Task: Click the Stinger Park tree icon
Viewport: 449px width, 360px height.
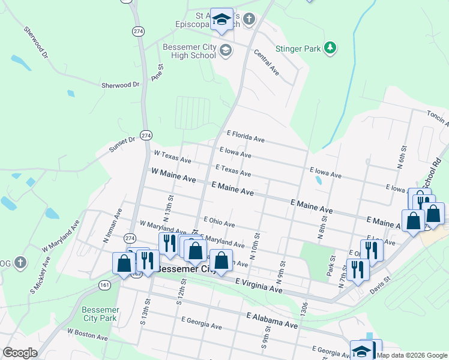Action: click(330, 47)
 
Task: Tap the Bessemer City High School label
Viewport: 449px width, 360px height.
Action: click(189, 51)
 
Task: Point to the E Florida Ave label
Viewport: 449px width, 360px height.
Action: click(246, 137)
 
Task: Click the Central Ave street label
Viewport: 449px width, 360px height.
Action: click(266, 62)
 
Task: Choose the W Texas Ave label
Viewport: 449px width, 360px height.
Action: click(172, 157)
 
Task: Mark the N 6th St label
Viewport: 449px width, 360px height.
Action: click(402, 158)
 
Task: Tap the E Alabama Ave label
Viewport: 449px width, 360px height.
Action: click(272, 320)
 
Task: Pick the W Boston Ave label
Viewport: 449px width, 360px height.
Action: click(87, 334)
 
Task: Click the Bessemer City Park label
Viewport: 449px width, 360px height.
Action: click(100, 314)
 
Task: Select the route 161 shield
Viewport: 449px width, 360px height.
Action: click(105, 285)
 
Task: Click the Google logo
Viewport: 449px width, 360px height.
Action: click(20, 353)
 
